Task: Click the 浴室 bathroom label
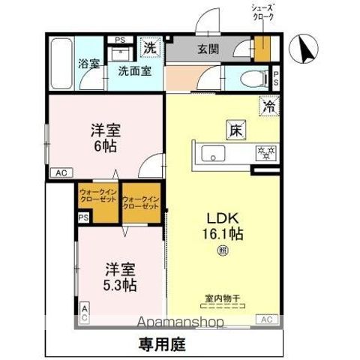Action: click(x=89, y=64)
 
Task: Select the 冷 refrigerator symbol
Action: click(x=268, y=106)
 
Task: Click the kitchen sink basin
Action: click(x=213, y=155)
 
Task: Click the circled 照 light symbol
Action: click(x=223, y=250)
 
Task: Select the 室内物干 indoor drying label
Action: click(x=223, y=298)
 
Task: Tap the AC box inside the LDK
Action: click(x=265, y=319)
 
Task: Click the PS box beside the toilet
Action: click(x=276, y=77)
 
